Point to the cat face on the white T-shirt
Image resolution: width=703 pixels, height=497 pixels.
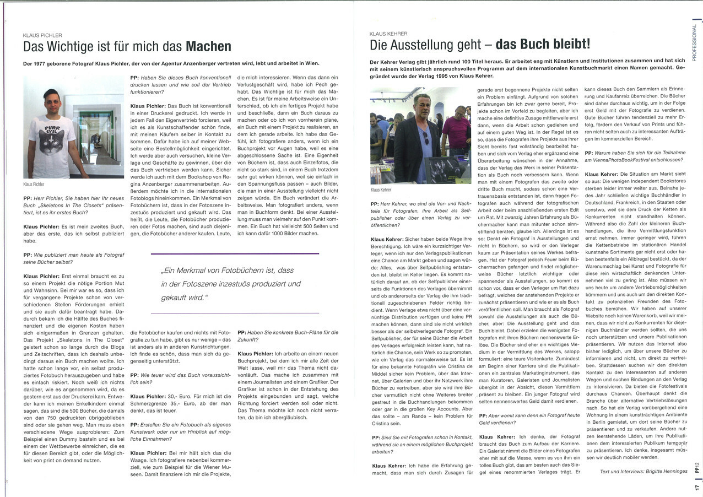pyautogui.click(x=52, y=138)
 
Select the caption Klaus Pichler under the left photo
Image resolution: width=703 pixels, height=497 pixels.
pyautogui.click(x=35, y=184)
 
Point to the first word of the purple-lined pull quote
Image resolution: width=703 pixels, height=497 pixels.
pyautogui.click(x=169, y=271)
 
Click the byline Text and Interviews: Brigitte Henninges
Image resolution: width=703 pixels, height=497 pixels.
pyautogui.click(x=643, y=471)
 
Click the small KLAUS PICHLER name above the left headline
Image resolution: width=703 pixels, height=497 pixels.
pyautogui.click(x=42, y=35)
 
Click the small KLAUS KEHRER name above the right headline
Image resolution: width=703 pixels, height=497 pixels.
pyautogui.click(x=388, y=34)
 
